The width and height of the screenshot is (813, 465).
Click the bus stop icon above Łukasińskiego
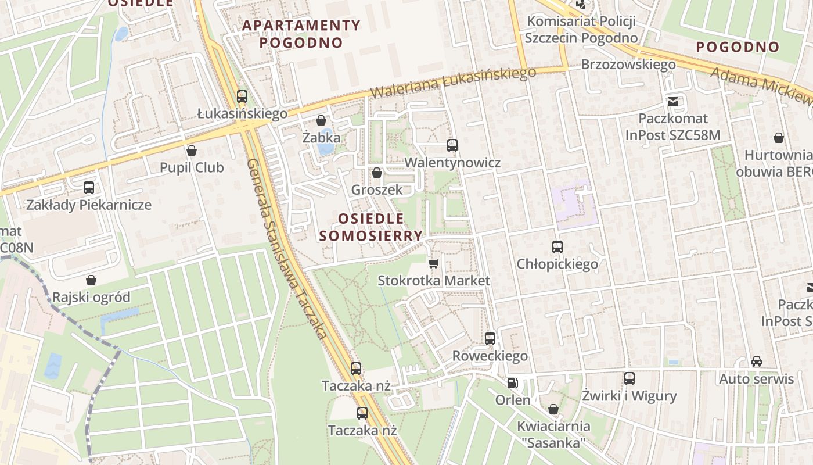click(242, 96)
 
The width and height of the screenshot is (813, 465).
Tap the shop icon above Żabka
click(321, 121)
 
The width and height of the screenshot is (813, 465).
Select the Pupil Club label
click(192, 168)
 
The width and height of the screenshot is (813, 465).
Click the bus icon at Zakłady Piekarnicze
click(89, 188)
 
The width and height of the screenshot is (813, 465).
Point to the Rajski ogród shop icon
click(91, 281)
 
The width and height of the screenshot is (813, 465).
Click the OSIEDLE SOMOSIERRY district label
click(370, 227)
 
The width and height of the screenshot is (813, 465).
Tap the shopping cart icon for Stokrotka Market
click(433, 264)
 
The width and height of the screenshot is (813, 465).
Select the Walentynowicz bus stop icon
click(452, 145)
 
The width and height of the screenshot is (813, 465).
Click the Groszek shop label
click(376, 189)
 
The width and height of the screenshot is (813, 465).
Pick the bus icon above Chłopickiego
click(557, 247)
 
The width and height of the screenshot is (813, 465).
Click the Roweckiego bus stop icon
click(490, 339)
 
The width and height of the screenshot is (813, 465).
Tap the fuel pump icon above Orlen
click(512, 383)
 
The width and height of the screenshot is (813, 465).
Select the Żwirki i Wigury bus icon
click(629, 378)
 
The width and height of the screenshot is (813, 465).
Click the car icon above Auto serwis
click(757, 362)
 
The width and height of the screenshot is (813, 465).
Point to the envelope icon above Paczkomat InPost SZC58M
click(673, 102)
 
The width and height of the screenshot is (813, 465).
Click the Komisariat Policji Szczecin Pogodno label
click(581, 30)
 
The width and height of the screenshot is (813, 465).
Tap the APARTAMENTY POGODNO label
click(301, 34)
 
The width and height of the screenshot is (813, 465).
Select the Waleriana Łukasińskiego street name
click(453, 83)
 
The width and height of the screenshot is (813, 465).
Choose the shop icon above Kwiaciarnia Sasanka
click(553, 409)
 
